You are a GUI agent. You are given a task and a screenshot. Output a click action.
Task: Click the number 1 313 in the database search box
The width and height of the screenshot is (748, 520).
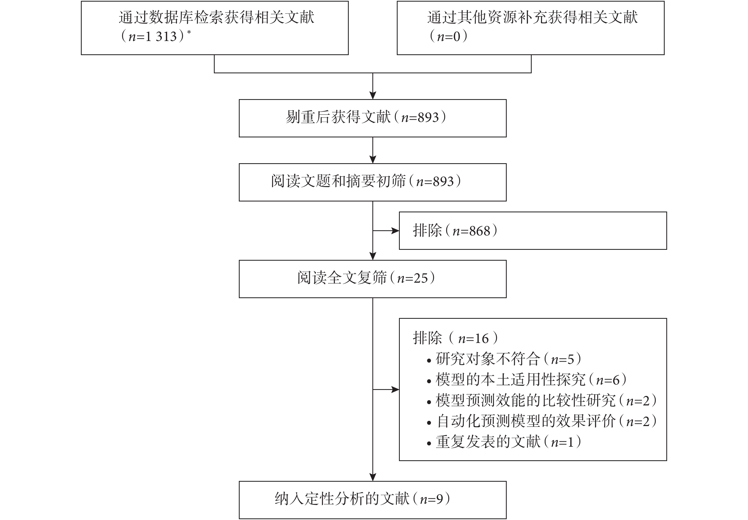coord(161,36)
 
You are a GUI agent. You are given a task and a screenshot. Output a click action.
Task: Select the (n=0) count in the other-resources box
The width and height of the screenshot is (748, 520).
coord(448,36)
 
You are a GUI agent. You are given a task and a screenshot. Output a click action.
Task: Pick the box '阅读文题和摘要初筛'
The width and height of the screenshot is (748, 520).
coord(373,182)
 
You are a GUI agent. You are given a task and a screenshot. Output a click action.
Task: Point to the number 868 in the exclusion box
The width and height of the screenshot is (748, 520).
coord(480,231)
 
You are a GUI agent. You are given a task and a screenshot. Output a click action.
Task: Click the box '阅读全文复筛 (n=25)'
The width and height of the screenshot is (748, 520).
coord(373,279)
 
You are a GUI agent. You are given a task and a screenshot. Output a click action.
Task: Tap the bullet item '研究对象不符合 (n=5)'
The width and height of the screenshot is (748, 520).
coord(504,359)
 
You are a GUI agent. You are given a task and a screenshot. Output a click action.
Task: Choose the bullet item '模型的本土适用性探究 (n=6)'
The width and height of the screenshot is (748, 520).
coord(527,380)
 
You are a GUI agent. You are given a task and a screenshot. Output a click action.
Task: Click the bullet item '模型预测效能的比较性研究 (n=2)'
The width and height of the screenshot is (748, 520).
coord(541,401)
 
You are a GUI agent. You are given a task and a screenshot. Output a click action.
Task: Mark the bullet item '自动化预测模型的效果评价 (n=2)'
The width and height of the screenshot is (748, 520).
coord(541,421)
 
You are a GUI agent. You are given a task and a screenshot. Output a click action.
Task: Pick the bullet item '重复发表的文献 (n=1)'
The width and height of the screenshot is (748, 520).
coord(504,442)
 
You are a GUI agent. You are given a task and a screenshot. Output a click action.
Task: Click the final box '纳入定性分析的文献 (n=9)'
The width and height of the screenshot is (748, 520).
coord(373,500)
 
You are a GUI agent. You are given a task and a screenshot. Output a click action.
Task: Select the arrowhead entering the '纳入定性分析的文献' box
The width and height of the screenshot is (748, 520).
coord(373,477)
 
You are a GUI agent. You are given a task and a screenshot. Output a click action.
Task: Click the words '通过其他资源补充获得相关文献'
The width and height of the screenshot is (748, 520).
coord(533,17)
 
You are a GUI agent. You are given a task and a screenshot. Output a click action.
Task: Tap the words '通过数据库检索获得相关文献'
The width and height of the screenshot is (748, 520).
coord(217,17)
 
